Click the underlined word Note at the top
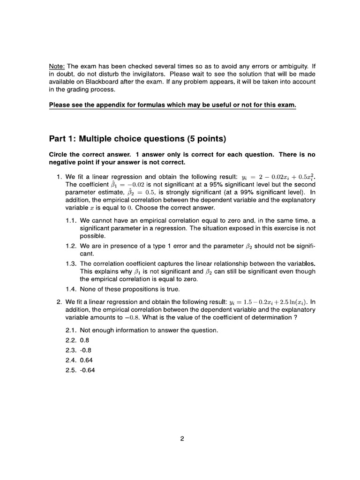click(57, 66)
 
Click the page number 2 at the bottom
click(182, 439)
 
